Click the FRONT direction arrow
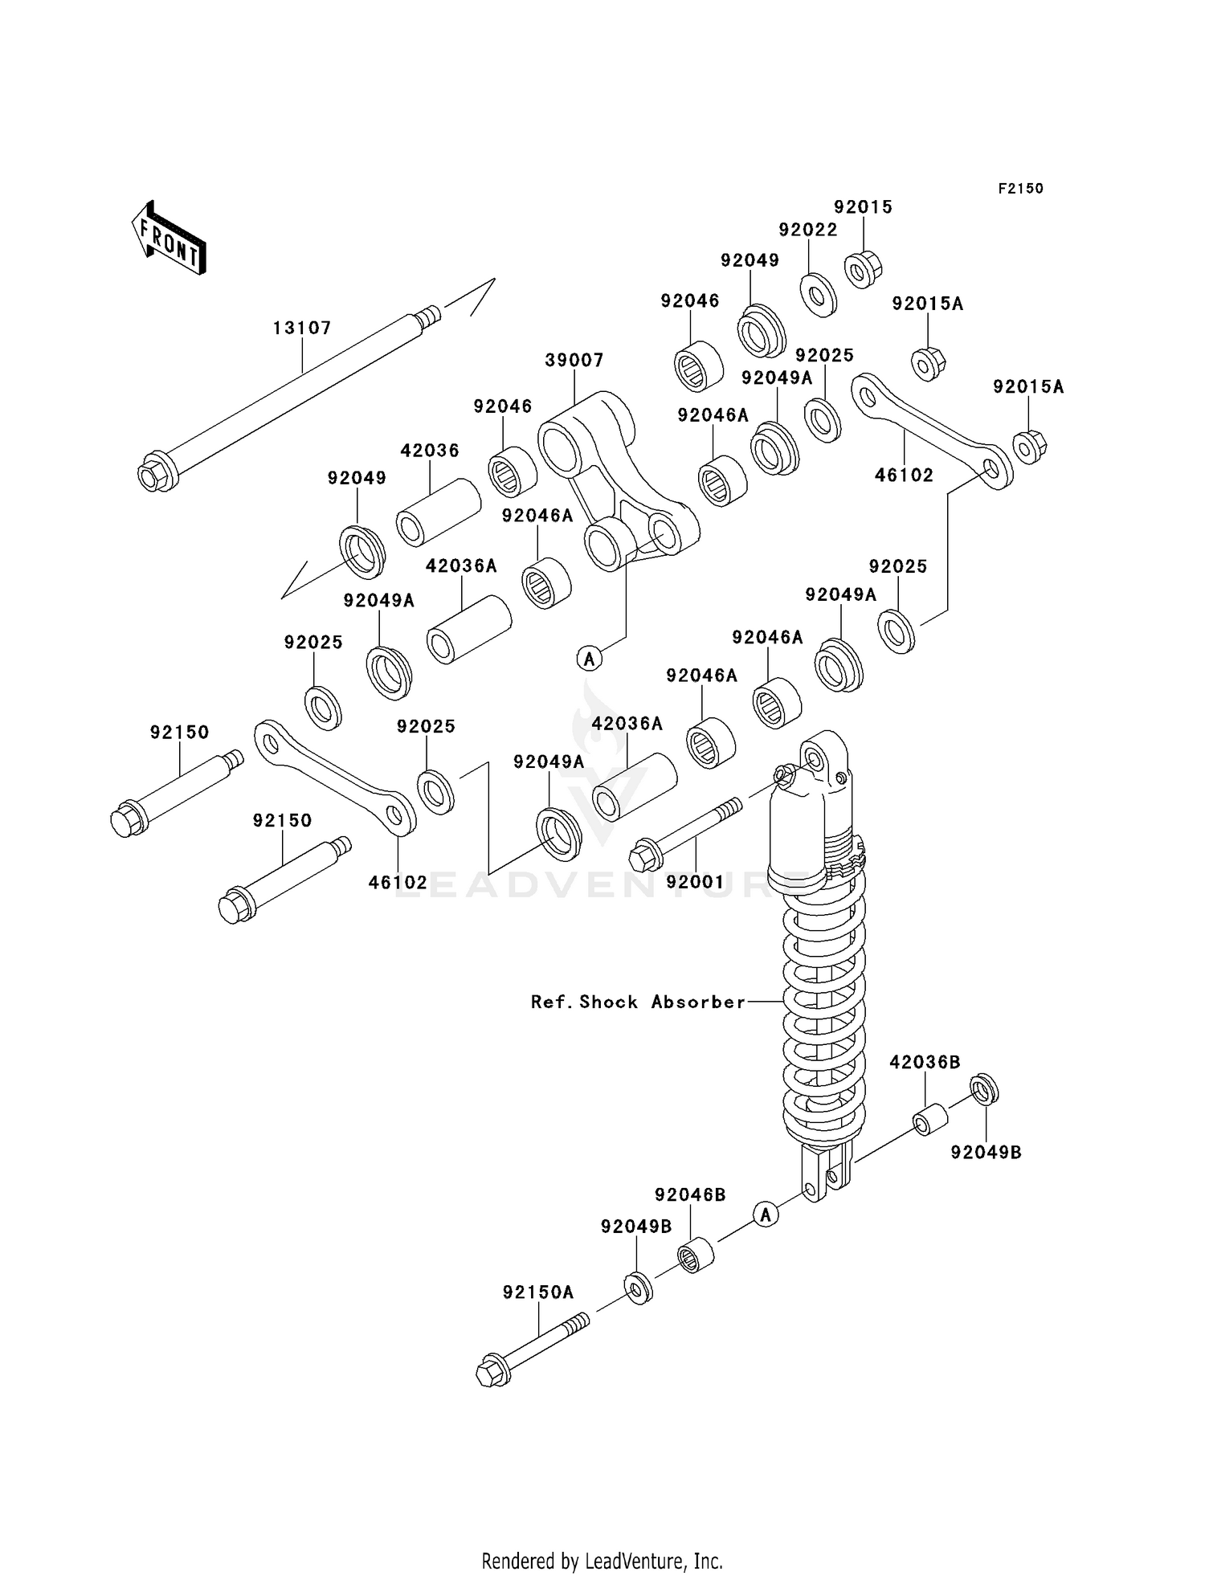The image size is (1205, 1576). point(169,239)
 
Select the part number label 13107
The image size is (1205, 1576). point(302,328)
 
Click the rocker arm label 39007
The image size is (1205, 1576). point(574,360)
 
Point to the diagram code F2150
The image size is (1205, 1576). point(1020,188)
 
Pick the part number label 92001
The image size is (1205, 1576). point(696,881)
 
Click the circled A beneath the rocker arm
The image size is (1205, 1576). point(590,659)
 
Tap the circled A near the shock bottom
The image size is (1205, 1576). point(766,1214)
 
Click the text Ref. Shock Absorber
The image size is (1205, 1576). point(638,1002)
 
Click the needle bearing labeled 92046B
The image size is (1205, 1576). point(696,1255)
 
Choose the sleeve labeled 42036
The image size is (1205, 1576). point(438,512)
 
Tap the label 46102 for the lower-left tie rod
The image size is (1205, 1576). point(398,882)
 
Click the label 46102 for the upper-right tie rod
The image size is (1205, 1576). point(904,475)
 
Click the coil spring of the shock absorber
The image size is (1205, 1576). point(824,1020)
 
